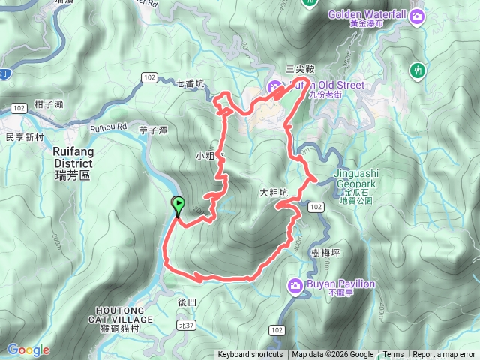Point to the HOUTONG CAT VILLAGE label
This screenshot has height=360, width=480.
[x=124, y=314]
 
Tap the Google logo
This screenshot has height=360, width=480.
[x=28, y=349]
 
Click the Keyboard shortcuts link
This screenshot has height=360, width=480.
[x=250, y=355]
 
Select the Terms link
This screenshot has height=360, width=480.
[x=393, y=355]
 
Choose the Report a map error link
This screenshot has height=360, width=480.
[x=444, y=355]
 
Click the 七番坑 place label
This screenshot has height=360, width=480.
[x=190, y=83]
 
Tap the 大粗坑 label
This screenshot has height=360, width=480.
[x=274, y=193]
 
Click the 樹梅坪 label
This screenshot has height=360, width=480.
[x=325, y=253]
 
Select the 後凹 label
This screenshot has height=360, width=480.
[x=187, y=301]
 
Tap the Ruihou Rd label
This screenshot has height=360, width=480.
[x=109, y=127]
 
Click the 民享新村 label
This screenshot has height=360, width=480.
[x=25, y=138]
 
